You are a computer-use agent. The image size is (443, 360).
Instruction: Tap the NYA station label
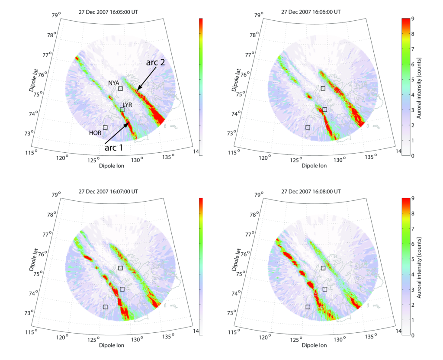114,82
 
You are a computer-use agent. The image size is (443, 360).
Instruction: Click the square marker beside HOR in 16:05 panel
105,127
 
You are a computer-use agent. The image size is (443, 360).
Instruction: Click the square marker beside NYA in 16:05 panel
121,89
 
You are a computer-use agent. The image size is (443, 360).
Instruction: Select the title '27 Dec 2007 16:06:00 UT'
311,12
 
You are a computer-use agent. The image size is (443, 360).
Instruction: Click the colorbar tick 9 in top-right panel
414,19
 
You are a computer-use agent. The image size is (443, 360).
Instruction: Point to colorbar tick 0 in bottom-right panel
414,335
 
